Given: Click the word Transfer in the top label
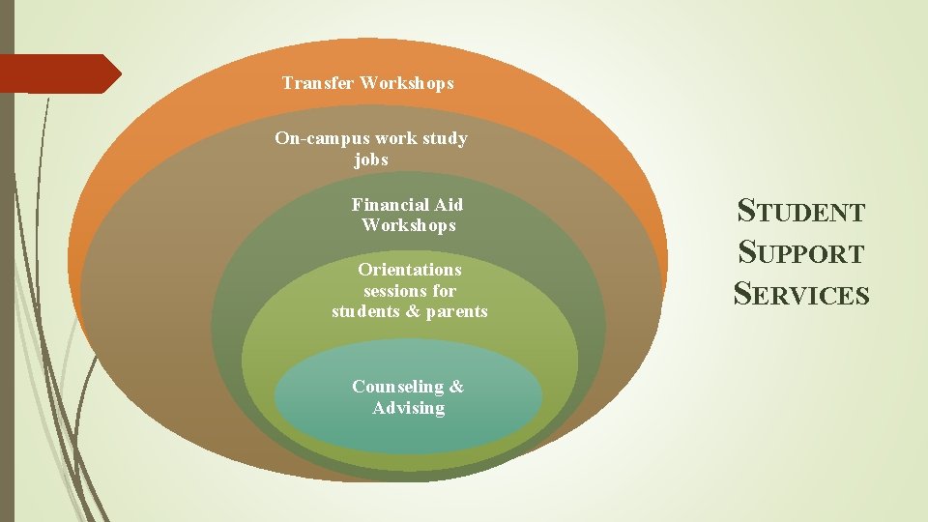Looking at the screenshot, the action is coord(318,83).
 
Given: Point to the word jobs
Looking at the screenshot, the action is coord(371,159).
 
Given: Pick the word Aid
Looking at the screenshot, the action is coord(448,205).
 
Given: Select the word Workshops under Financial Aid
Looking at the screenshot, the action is coord(408,225).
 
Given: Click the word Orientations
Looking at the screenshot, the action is coord(409,270).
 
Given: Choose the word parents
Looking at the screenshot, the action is coord(457,311).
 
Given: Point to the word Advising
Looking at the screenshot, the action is coord(409,408).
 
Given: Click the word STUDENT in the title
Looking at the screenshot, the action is coord(801,210).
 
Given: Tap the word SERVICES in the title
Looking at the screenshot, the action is coord(801,293).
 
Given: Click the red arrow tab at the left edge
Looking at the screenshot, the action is coord(58,73).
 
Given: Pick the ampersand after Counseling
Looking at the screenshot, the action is coord(456,387).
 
